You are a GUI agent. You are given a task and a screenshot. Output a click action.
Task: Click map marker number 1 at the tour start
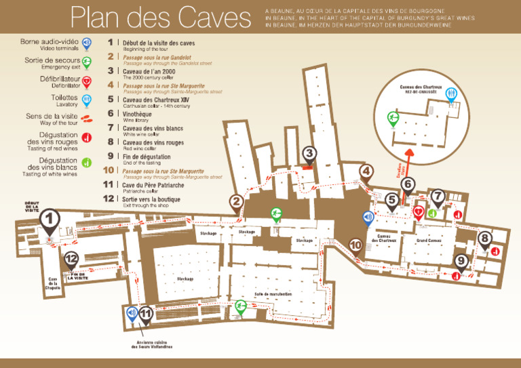[x=50, y=218]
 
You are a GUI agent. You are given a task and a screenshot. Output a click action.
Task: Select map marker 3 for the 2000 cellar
[x=309, y=154]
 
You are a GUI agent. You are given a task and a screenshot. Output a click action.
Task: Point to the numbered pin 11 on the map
[x=147, y=314]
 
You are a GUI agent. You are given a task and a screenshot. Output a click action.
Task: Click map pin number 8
[x=484, y=239]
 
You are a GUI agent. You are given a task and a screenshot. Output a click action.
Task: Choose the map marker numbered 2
[x=236, y=201]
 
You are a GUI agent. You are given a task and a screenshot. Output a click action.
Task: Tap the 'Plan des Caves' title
[x=160, y=18]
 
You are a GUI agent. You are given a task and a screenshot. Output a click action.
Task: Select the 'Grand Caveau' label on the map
[x=429, y=241]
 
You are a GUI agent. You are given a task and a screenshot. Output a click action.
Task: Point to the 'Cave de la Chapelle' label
[x=53, y=283]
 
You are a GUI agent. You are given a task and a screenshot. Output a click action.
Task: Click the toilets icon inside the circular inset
[x=449, y=95]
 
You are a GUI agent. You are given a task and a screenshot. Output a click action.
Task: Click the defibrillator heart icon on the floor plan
[x=419, y=211]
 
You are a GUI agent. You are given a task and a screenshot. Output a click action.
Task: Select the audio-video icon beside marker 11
[x=132, y=313]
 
